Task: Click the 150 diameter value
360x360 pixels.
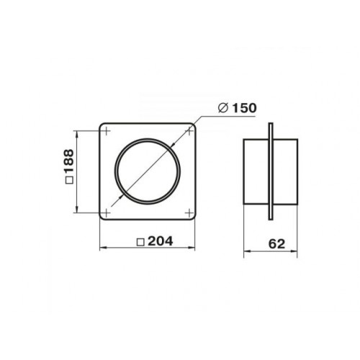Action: pos(245,108)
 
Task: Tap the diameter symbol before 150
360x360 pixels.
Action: pos(223,108)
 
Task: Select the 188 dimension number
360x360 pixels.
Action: pos(69,161)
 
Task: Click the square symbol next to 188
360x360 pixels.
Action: pos(69,180)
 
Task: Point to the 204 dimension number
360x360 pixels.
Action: pos(161,241)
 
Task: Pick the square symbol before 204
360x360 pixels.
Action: pos(140,242)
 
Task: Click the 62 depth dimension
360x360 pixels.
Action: pos(276,244)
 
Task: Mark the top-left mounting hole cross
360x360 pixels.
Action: pos(106,131)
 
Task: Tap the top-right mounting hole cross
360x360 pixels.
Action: pos(189,131)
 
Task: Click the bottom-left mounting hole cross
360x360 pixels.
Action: pos(106,212)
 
